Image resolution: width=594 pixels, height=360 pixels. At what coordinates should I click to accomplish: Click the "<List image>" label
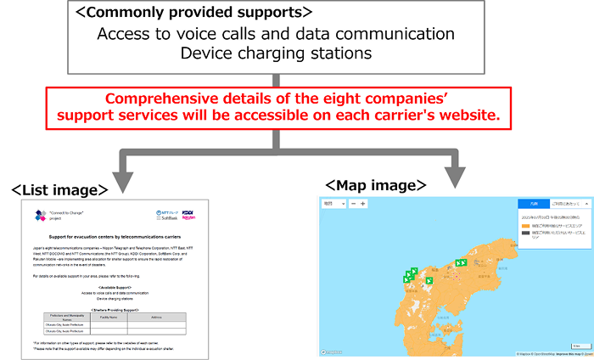(x=59, y=188)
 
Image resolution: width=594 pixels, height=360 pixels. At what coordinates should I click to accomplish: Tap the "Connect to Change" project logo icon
(x=38, y=216)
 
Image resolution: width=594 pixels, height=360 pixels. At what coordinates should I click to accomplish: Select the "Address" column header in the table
(x=155, y=316)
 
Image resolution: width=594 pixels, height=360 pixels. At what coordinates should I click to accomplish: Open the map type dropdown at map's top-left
(x=333, y=204)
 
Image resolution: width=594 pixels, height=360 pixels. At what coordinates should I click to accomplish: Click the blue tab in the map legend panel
(x=532, y=205)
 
